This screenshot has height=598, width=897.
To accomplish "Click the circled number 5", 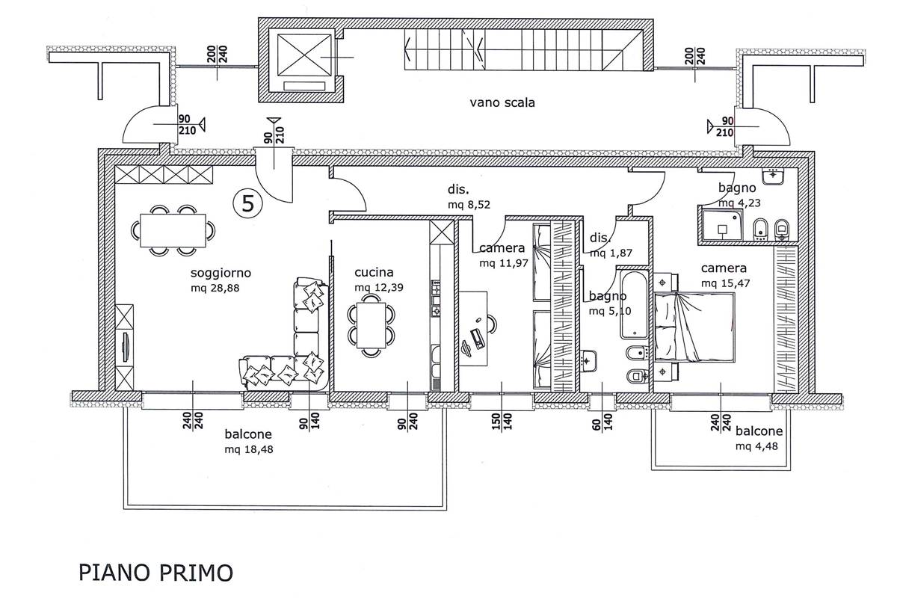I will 247,200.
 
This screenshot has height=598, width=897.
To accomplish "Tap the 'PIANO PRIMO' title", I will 155,573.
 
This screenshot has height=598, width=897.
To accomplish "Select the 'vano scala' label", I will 502,103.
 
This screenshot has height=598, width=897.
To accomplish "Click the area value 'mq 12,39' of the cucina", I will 380,287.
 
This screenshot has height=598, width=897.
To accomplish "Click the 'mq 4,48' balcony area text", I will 759,446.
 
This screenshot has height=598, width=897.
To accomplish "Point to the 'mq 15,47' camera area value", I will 724,283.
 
